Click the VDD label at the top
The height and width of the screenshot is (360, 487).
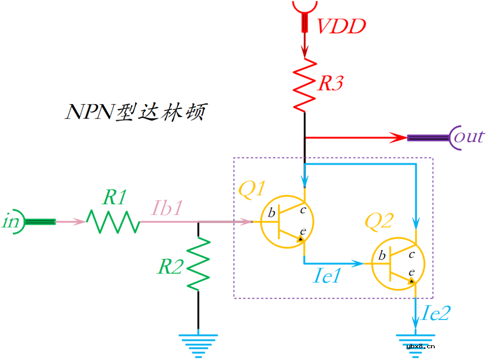[341, 27]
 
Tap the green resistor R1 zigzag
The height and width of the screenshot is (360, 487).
[113, 221]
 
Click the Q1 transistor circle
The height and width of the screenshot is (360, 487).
[287, 222]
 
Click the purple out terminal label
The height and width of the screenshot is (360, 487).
[469, 136]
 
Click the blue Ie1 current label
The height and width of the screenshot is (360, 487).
[327, 276]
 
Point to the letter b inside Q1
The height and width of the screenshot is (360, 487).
[271, 213]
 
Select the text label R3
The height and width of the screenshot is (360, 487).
[331, 84]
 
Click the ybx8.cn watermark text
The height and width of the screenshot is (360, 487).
[420, 346]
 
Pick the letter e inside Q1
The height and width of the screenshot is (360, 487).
[303, 231]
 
